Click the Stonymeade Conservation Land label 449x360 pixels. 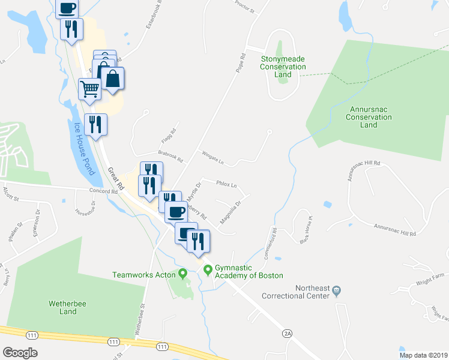[x=283, y=67]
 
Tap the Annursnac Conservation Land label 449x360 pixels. [x=369, y=117]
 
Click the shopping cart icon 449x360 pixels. [x=89, y=89]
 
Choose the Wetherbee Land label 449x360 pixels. [x=63, y=308]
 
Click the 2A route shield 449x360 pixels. [x=287, y=332]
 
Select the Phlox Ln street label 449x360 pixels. [x=226, y=185]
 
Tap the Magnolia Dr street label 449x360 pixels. [x=231, y=212]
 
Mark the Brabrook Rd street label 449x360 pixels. [x=170, y=156]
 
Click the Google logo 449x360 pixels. [x=20, y=353]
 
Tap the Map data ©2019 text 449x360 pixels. [x=423, y=355]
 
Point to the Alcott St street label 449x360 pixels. [x=11, y=193]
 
